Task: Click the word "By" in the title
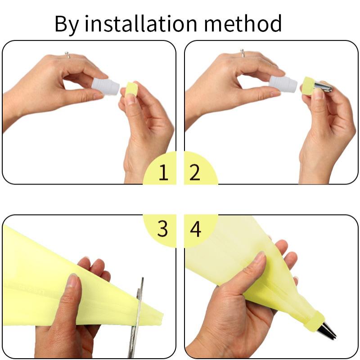click(x=67, y=25)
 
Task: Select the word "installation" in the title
click(x=141, y=23)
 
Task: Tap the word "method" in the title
click(x=243, y=23)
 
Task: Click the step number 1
click(x=163, y=172)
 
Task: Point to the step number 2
click(x=195, y=172)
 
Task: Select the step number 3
click(x=162, y=229)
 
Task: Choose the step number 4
click(x=196, y=229)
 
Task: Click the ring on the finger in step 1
click(x=67, y=54)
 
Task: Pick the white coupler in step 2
click(x=283, y=85)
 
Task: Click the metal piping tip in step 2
click(x=323, y=86)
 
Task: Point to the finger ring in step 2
click(x=242, y=53)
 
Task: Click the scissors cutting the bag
click(x=137, y=319)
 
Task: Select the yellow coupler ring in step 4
click(x=314, y=320)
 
